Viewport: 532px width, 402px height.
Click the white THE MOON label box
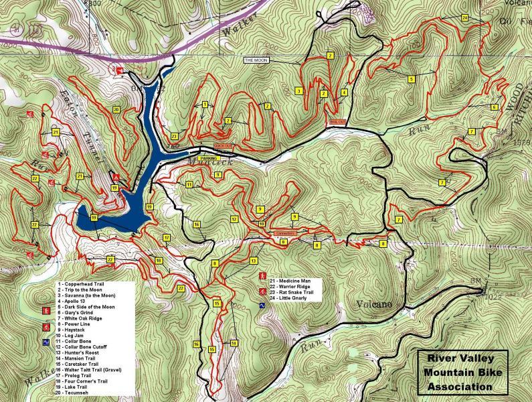(x=255, y=60)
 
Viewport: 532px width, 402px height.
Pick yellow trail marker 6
(x=495, y=107)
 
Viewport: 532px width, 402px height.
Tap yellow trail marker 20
(x=116, y=109)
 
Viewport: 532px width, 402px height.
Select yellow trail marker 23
(x=174, y=136)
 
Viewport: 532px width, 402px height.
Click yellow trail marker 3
(x=298, y=91)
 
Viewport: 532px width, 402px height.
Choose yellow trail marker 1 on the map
(x=205, y=104)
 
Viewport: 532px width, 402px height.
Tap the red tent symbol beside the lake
(x=116, y=178)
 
